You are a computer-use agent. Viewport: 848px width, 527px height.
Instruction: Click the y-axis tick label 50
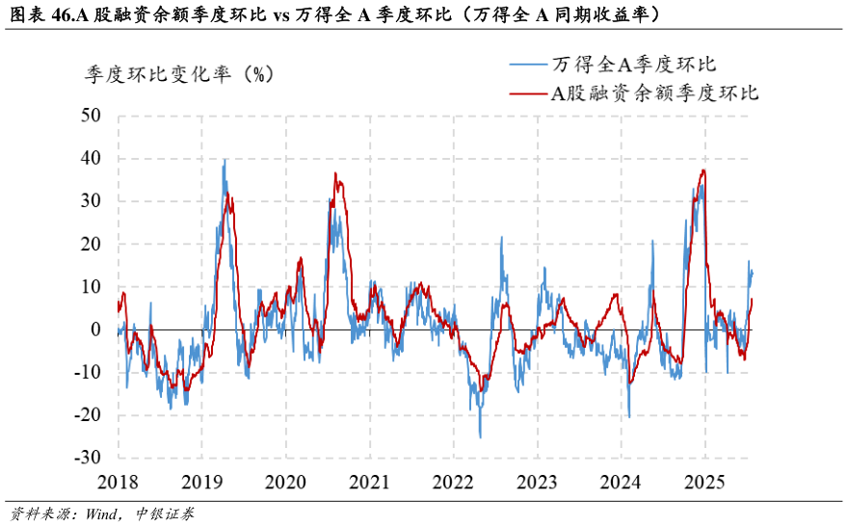tap(91, 116)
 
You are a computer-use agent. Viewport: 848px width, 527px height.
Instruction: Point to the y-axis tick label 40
tap(91, 158)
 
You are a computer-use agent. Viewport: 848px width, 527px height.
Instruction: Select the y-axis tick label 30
tap(91, 201)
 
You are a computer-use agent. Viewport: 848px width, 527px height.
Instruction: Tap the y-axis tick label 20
tap(91, 245)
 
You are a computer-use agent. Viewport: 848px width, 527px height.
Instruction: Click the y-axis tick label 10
tap(91, 287)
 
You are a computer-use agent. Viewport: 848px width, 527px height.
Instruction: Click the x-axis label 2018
tap(119, 482)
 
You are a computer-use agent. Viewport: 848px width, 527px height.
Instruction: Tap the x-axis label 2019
tap(202, 482)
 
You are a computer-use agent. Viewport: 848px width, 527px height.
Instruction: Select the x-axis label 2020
tap(286, 482)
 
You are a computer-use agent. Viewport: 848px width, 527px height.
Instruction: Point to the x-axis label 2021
tap(370, 482)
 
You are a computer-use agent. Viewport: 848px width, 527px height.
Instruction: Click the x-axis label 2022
tap(454, 482)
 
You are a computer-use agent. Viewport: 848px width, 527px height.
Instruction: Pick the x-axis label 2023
tap(538, 482)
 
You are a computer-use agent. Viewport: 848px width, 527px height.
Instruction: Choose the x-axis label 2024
tap(622, 482)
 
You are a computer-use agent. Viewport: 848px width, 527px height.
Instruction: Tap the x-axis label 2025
tap(704, 482)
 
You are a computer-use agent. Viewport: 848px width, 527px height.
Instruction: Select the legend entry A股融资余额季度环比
tap(654, 93)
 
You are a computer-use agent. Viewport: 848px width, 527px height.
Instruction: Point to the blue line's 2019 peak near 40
tap(225, 160)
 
